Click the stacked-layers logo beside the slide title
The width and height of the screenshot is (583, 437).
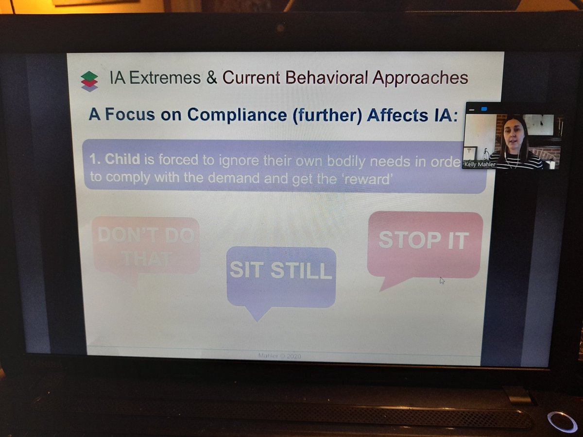pos(89,81)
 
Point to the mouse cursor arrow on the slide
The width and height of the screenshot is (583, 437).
pos(442,280)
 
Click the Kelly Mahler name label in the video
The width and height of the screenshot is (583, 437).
pos(480,165)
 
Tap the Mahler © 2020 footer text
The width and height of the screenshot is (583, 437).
pos(280,356)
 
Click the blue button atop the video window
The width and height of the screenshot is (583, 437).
pos(484,109)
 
